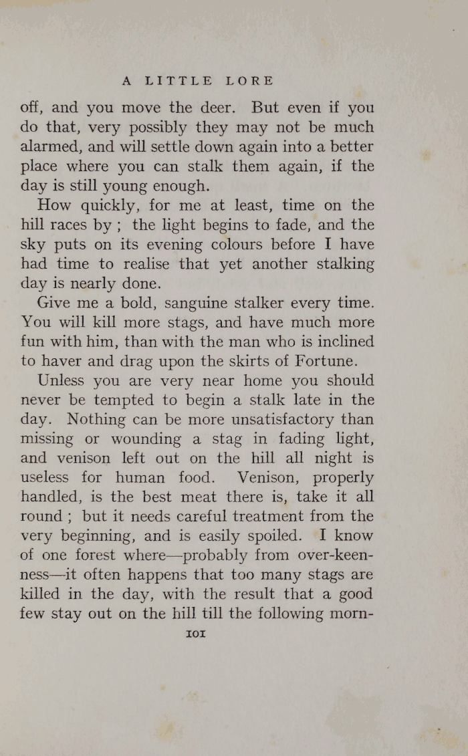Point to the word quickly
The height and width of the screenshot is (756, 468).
103,205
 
